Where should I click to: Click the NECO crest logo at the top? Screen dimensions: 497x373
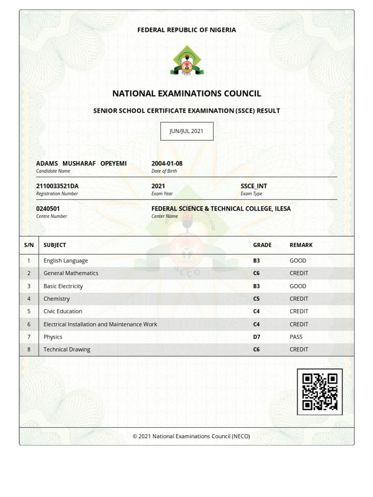(187, 60)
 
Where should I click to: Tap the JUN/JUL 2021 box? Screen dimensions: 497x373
(187, 131)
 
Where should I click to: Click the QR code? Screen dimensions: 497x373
(320, 392)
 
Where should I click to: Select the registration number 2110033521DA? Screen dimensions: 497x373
(57, 186)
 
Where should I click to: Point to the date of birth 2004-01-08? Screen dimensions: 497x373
(167, 164)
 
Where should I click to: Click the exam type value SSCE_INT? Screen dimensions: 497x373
(254, 186)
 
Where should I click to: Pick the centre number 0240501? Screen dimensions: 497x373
(48, 209)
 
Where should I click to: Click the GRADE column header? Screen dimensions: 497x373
(262, 245)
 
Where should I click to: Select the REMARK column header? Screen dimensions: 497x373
(301, 245)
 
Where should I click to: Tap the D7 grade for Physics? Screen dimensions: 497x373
(256, 337)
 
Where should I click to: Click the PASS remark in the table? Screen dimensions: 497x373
(296, 337)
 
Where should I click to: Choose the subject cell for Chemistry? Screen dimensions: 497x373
(57, 299)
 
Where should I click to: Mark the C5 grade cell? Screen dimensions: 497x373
(256, 299)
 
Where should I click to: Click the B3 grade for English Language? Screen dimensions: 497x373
(256, 261)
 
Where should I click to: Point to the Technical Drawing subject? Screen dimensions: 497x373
(67, 349)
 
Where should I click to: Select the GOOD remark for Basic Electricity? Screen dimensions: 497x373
(298, 286)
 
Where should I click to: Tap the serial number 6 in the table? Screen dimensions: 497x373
(29, 324)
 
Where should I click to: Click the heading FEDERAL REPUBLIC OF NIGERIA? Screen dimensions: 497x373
(186, 30)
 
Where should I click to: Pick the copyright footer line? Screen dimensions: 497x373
(191, 436)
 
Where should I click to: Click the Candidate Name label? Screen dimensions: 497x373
(53, 171)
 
